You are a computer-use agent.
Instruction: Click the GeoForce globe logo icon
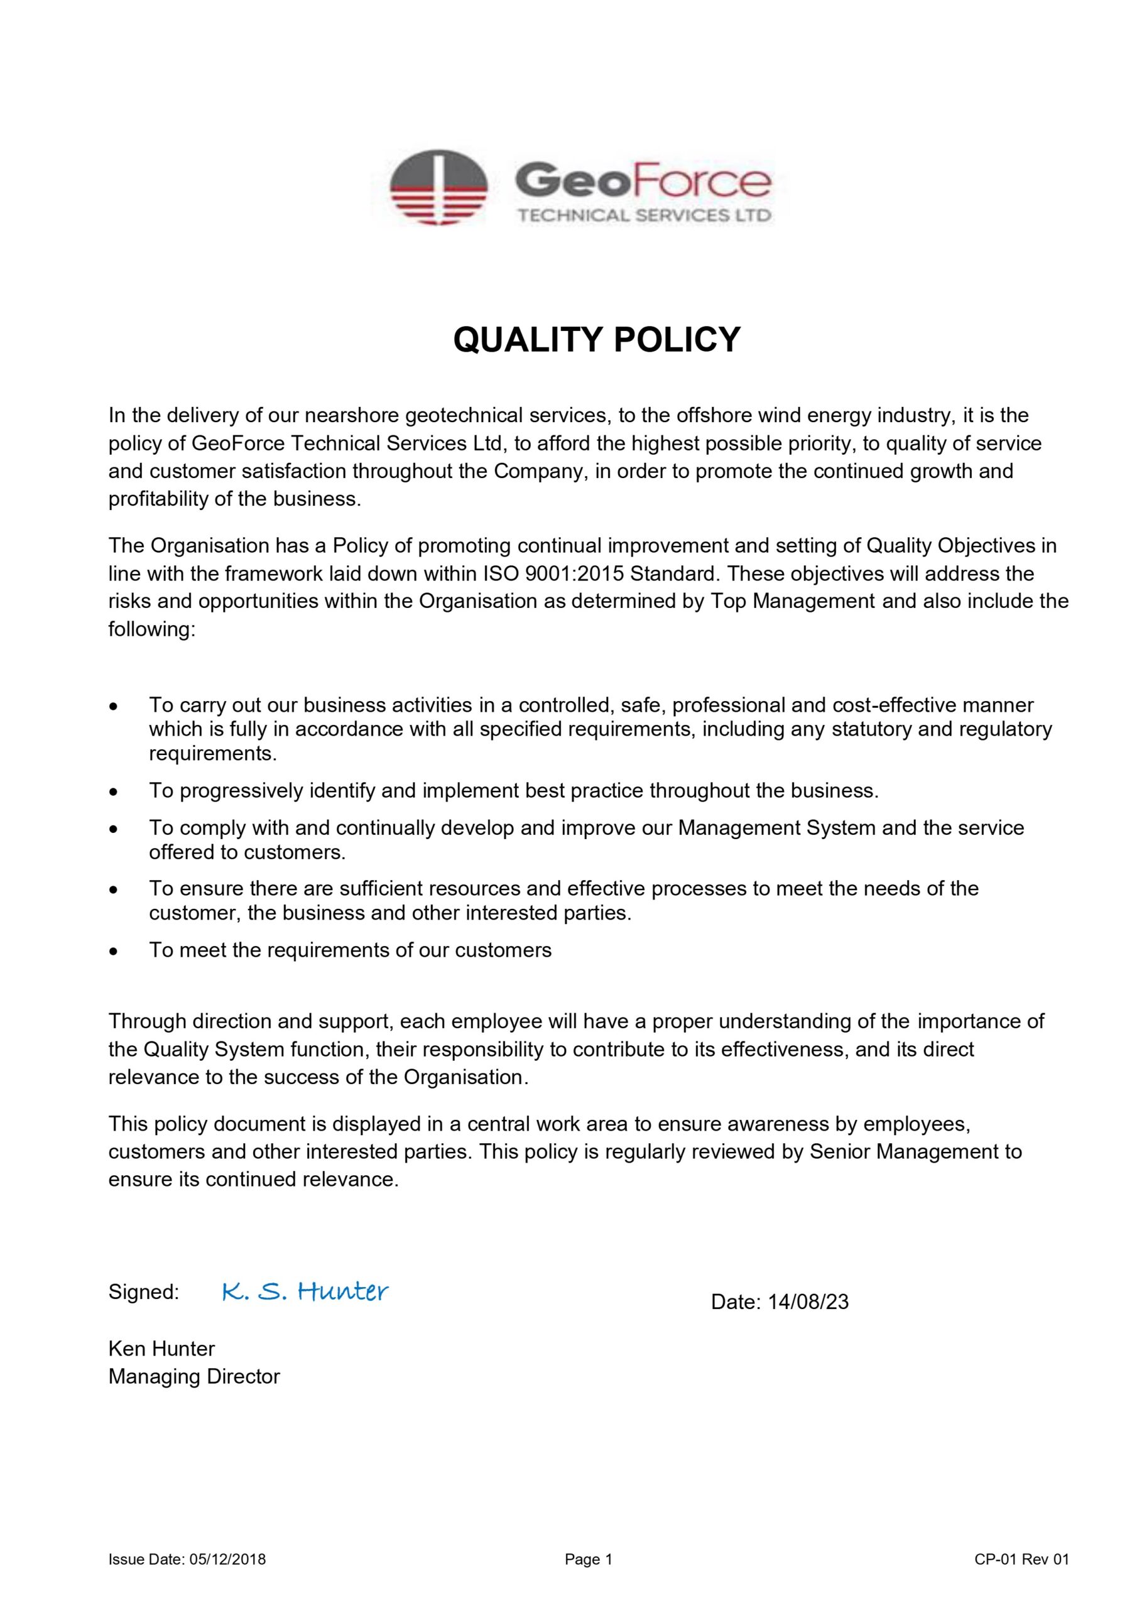point(438,187)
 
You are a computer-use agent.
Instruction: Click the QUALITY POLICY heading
point(596,340)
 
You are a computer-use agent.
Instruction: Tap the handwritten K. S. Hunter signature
point(305,1291)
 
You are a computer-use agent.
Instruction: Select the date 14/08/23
point(808,1302)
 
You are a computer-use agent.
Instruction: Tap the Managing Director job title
point(194,1376)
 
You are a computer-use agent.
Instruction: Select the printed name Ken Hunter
point(162,1348)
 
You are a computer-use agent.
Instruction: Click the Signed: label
point(144,1292)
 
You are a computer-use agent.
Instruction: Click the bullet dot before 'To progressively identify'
point(114,791)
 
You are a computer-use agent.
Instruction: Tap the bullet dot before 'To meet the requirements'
point(114,950)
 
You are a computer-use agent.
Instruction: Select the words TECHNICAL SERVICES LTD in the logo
point(644,215)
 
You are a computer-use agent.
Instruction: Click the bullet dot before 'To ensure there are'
point(114,889)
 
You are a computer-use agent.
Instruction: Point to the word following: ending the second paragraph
point(151,629)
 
